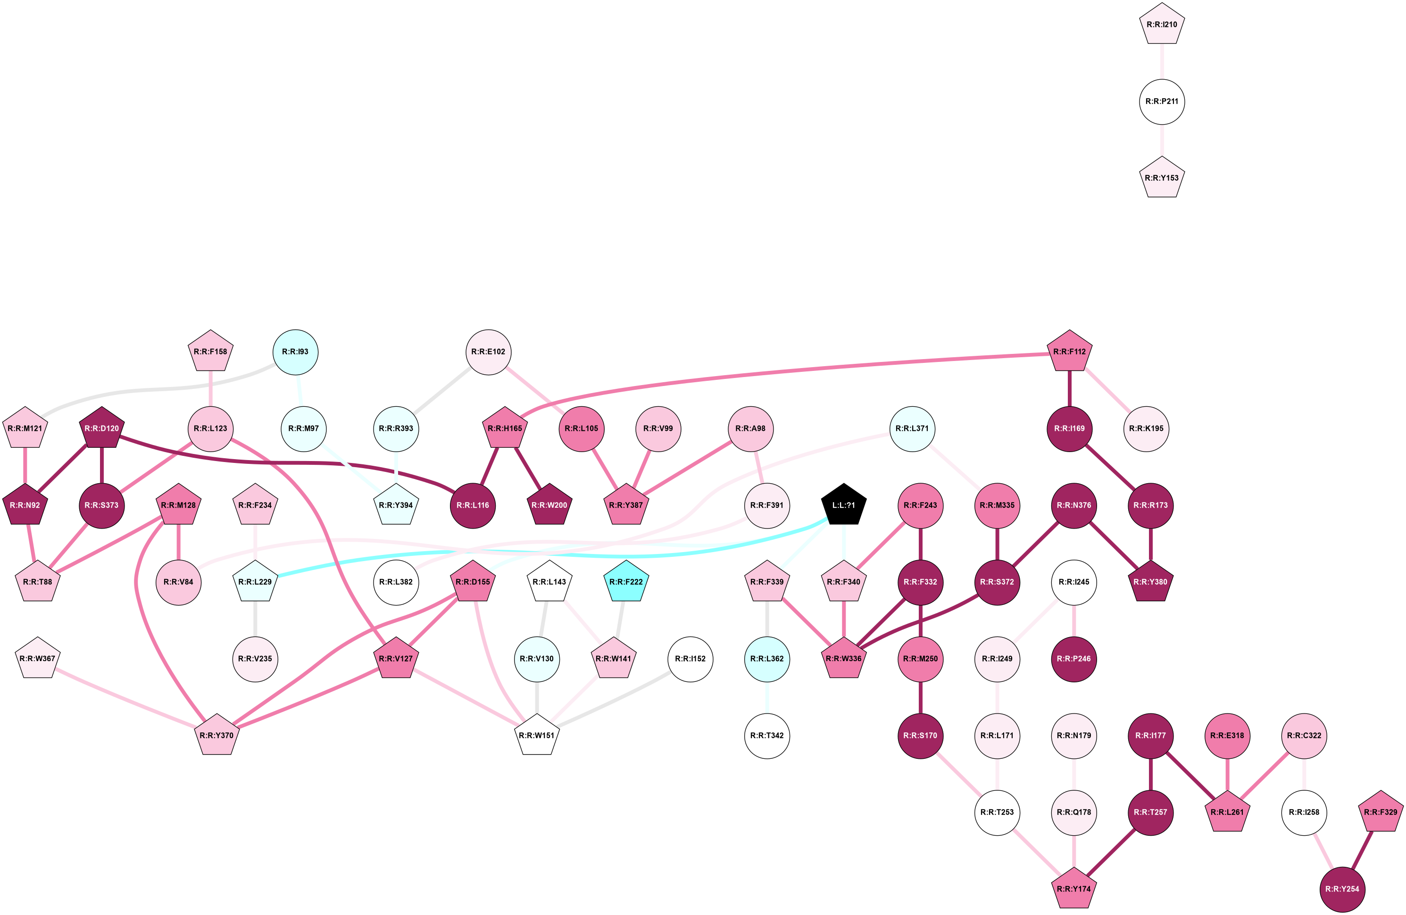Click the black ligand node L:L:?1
844,505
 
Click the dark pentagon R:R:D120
101,428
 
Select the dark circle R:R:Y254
1342,889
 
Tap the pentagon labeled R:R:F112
1069,352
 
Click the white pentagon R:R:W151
536,735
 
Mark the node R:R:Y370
217,735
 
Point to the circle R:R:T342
767,735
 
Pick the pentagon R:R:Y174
1074,889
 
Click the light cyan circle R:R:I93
295,352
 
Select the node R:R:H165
505,428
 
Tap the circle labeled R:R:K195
1146,428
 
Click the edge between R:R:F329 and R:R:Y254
1361,851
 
